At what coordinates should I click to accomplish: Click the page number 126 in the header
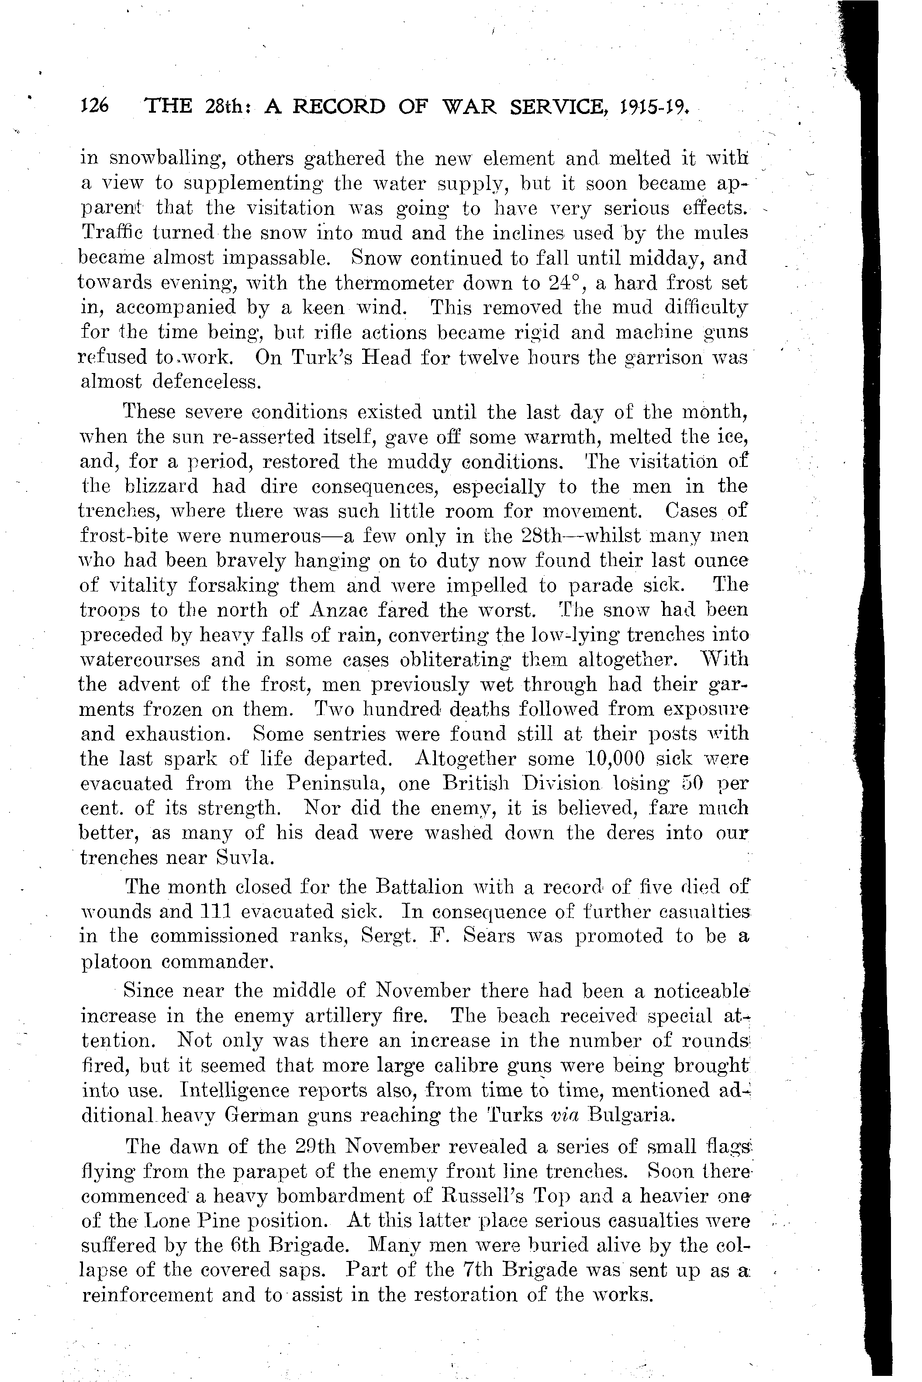[93, 107]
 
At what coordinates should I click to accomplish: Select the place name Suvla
[244, 858]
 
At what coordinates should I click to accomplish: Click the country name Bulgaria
[630, 1116]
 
